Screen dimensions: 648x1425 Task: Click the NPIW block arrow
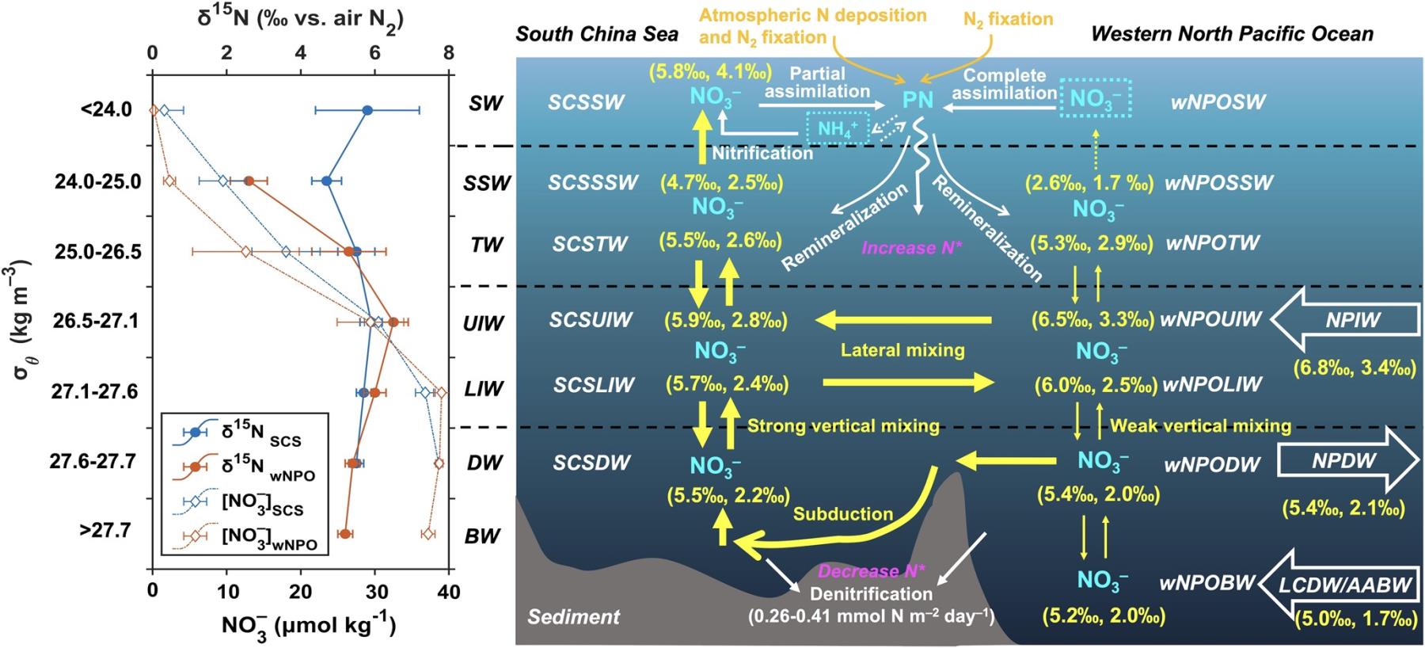tap(1346, 319)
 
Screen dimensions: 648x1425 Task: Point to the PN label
tap(918, 101)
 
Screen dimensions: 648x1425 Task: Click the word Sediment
tap(573, 616)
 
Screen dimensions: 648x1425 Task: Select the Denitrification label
tap(871, 593)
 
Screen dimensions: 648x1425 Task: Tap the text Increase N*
tap(911, 248)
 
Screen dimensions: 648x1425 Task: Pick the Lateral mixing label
tap(902, 350)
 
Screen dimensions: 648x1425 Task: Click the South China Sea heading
tap(597, 34)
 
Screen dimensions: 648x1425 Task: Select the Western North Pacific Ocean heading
tap(1232, 34)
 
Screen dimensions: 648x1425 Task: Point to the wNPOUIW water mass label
tap(1210, 320)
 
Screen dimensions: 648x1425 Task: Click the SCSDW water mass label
tap(591, 463)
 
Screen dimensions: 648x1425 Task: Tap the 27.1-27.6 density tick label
tap(95, 392)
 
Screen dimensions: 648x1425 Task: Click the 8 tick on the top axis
tap(449, 53)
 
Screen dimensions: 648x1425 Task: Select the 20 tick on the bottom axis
tap(301, 592)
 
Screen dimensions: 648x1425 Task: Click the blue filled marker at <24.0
tap(367, 110)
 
